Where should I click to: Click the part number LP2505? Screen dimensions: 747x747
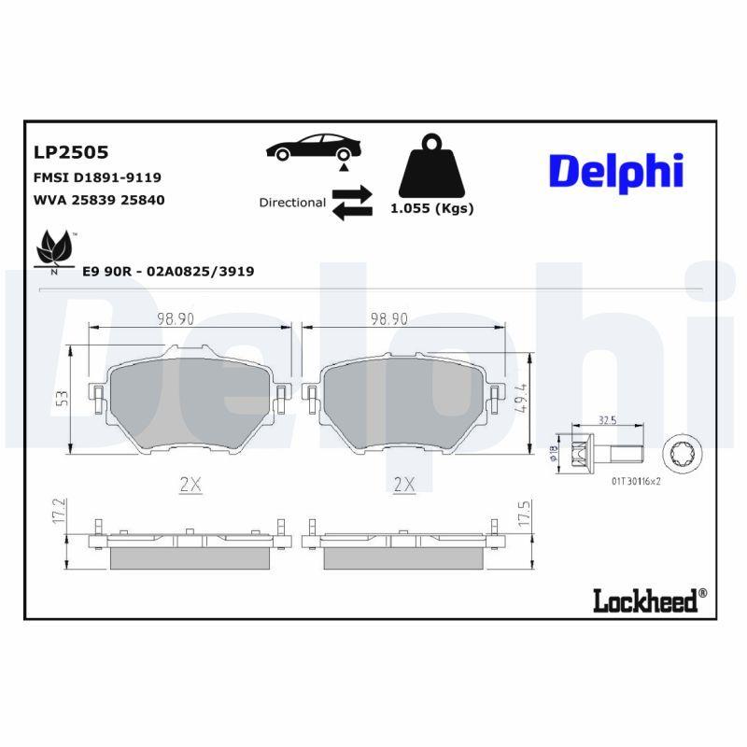71,151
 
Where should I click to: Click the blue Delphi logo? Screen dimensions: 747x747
615,172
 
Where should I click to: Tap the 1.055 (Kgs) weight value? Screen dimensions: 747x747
431,208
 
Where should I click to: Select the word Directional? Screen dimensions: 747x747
292,203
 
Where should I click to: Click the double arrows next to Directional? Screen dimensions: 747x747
352,203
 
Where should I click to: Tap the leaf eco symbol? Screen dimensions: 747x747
54,250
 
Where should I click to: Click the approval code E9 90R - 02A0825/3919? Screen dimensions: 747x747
168,271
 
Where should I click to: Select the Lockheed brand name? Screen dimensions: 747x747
644,600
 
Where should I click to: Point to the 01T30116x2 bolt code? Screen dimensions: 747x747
636,482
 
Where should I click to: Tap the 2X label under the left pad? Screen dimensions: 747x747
190,484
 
